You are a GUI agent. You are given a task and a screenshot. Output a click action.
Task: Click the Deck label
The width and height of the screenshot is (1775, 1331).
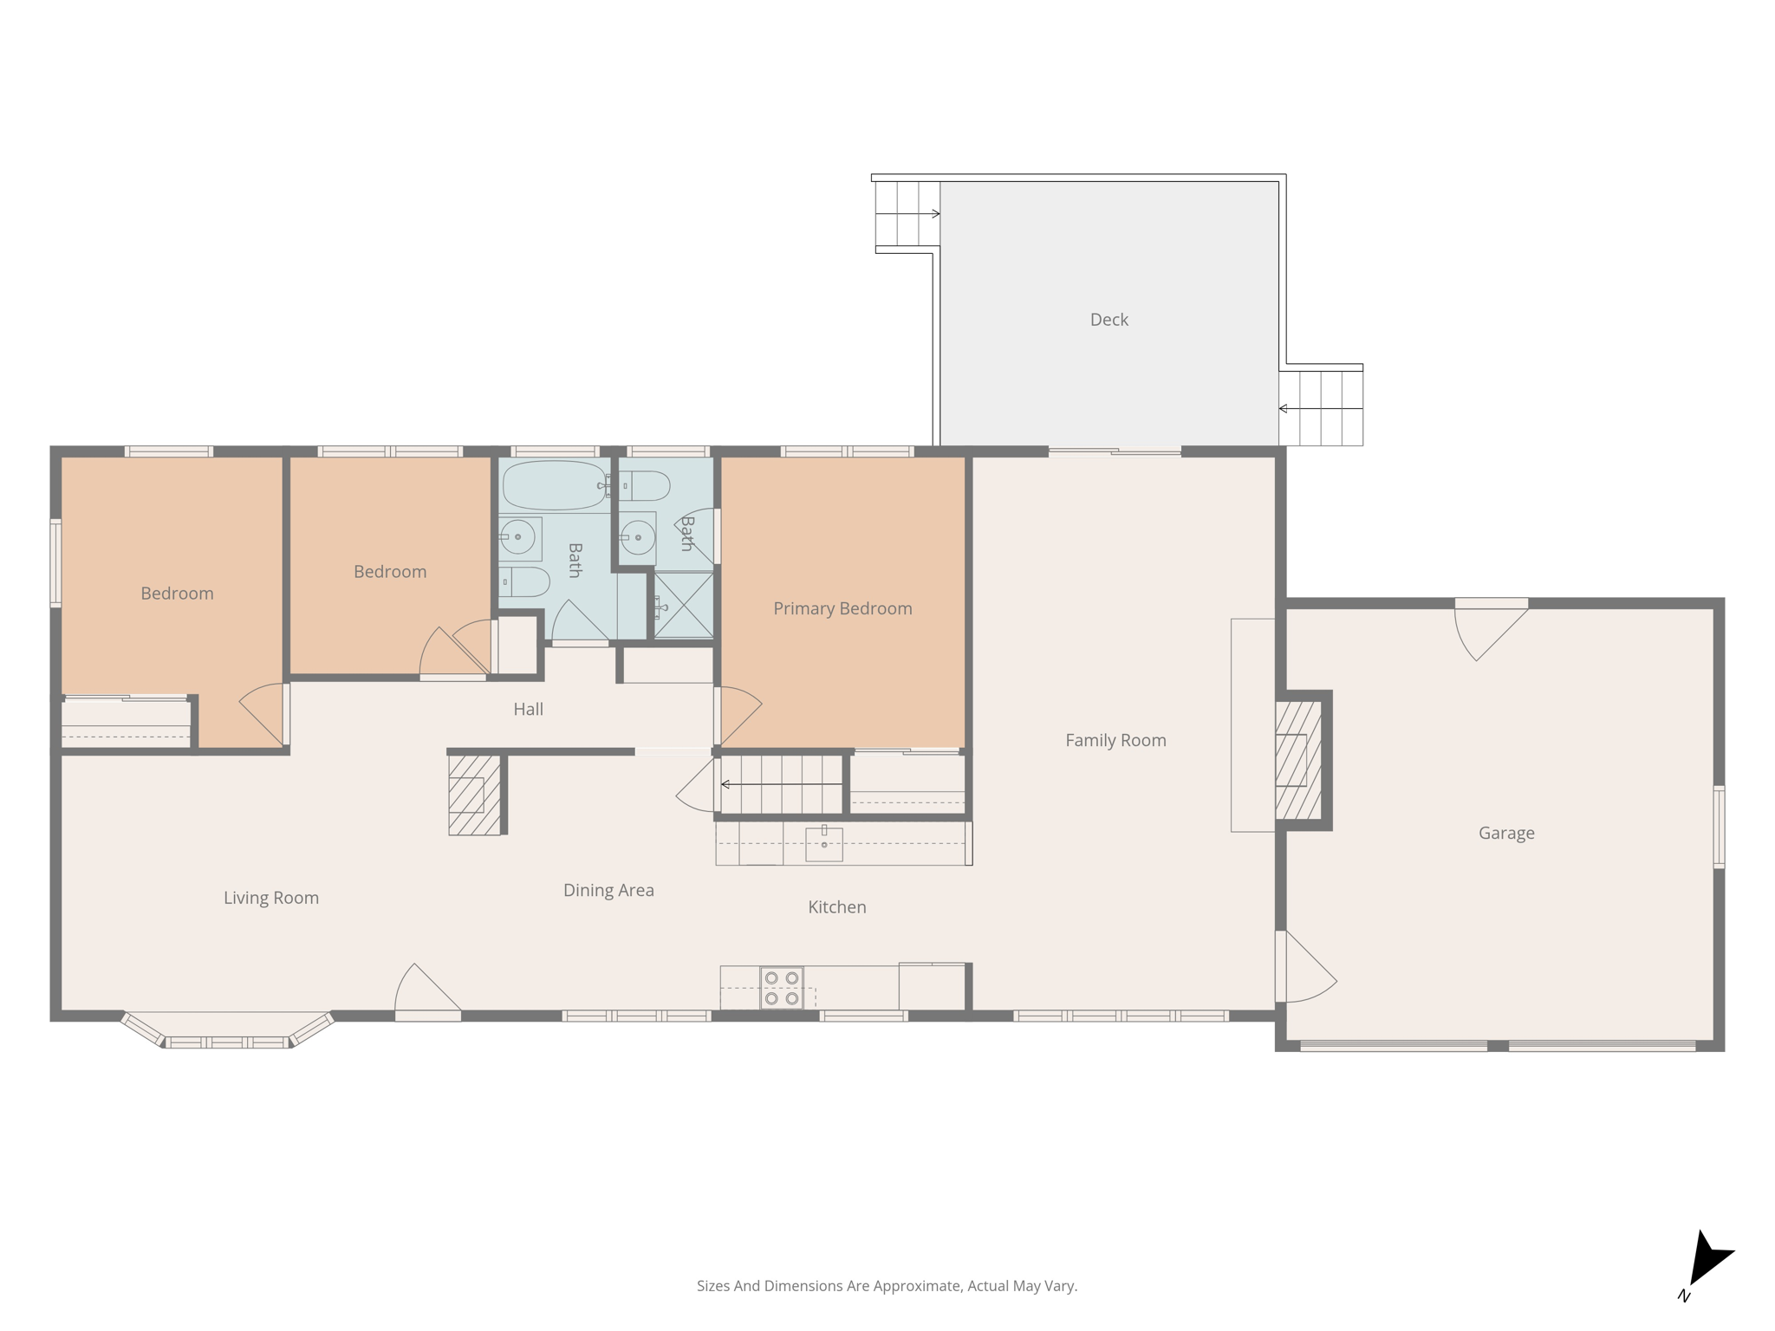1109,320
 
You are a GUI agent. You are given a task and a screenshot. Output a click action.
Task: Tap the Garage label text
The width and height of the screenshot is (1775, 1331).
1505,833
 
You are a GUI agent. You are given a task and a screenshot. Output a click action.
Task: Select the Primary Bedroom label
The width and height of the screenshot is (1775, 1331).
842,608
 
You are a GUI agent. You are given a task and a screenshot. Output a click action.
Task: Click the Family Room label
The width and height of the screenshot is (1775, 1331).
1115,740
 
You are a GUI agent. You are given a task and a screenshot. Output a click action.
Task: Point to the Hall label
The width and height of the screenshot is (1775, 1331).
528,709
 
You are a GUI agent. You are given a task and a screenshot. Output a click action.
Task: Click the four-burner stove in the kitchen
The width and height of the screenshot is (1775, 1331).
782,988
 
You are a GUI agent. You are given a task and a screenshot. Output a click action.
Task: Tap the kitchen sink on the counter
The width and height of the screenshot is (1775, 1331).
823,843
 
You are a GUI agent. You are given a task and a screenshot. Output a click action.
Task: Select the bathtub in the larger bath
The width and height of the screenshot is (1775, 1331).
554,484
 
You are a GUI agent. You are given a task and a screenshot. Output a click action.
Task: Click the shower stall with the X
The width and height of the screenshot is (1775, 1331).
683,604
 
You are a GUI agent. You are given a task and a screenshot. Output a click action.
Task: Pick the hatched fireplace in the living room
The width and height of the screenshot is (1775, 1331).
474,795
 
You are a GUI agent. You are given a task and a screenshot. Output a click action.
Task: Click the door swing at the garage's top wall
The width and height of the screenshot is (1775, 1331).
1486,630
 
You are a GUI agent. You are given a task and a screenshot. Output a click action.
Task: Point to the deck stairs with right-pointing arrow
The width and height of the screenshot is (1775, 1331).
907,213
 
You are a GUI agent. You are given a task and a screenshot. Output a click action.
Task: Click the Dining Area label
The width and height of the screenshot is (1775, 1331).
608,890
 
